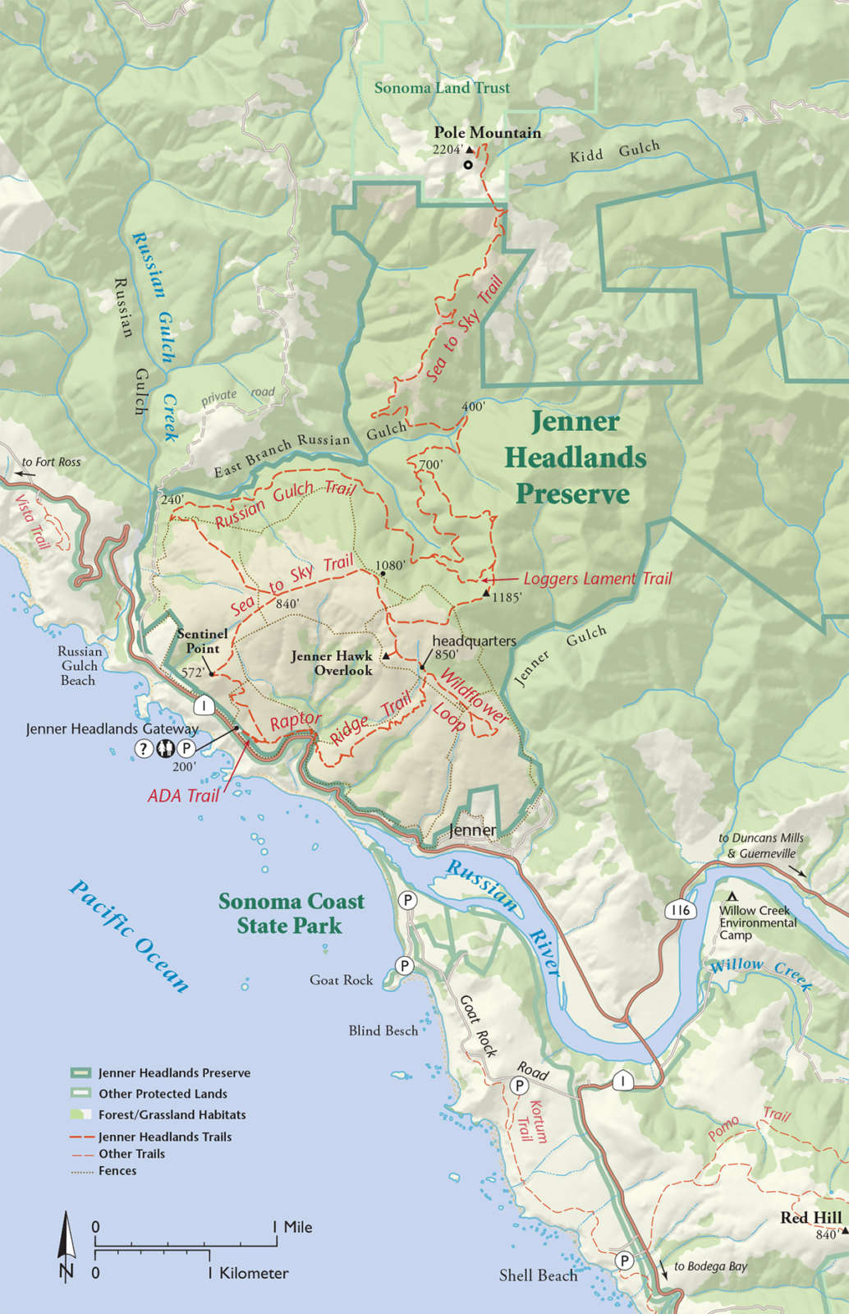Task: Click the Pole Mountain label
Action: (488, 132)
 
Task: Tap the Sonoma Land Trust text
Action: (442, 88)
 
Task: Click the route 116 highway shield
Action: (680, 910)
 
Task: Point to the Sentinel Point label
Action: (203, 641)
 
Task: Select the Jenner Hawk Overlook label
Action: (332, 663)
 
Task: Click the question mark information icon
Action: (144, 748)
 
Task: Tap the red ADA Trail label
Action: (183, 796)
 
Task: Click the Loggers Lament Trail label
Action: (597, 579)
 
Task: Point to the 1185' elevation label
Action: (507, 598)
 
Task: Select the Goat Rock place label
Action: (341, 980)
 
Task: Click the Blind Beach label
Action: (383, 1031)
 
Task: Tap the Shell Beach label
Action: (538, 1275)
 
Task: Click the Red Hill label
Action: (810, 1217)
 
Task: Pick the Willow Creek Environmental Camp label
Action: (757, 922)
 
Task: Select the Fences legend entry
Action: (117, 1171)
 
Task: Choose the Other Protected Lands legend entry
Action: (163, 1094)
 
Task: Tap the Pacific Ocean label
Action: (129, 936)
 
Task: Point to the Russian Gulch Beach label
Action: (79, 665)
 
